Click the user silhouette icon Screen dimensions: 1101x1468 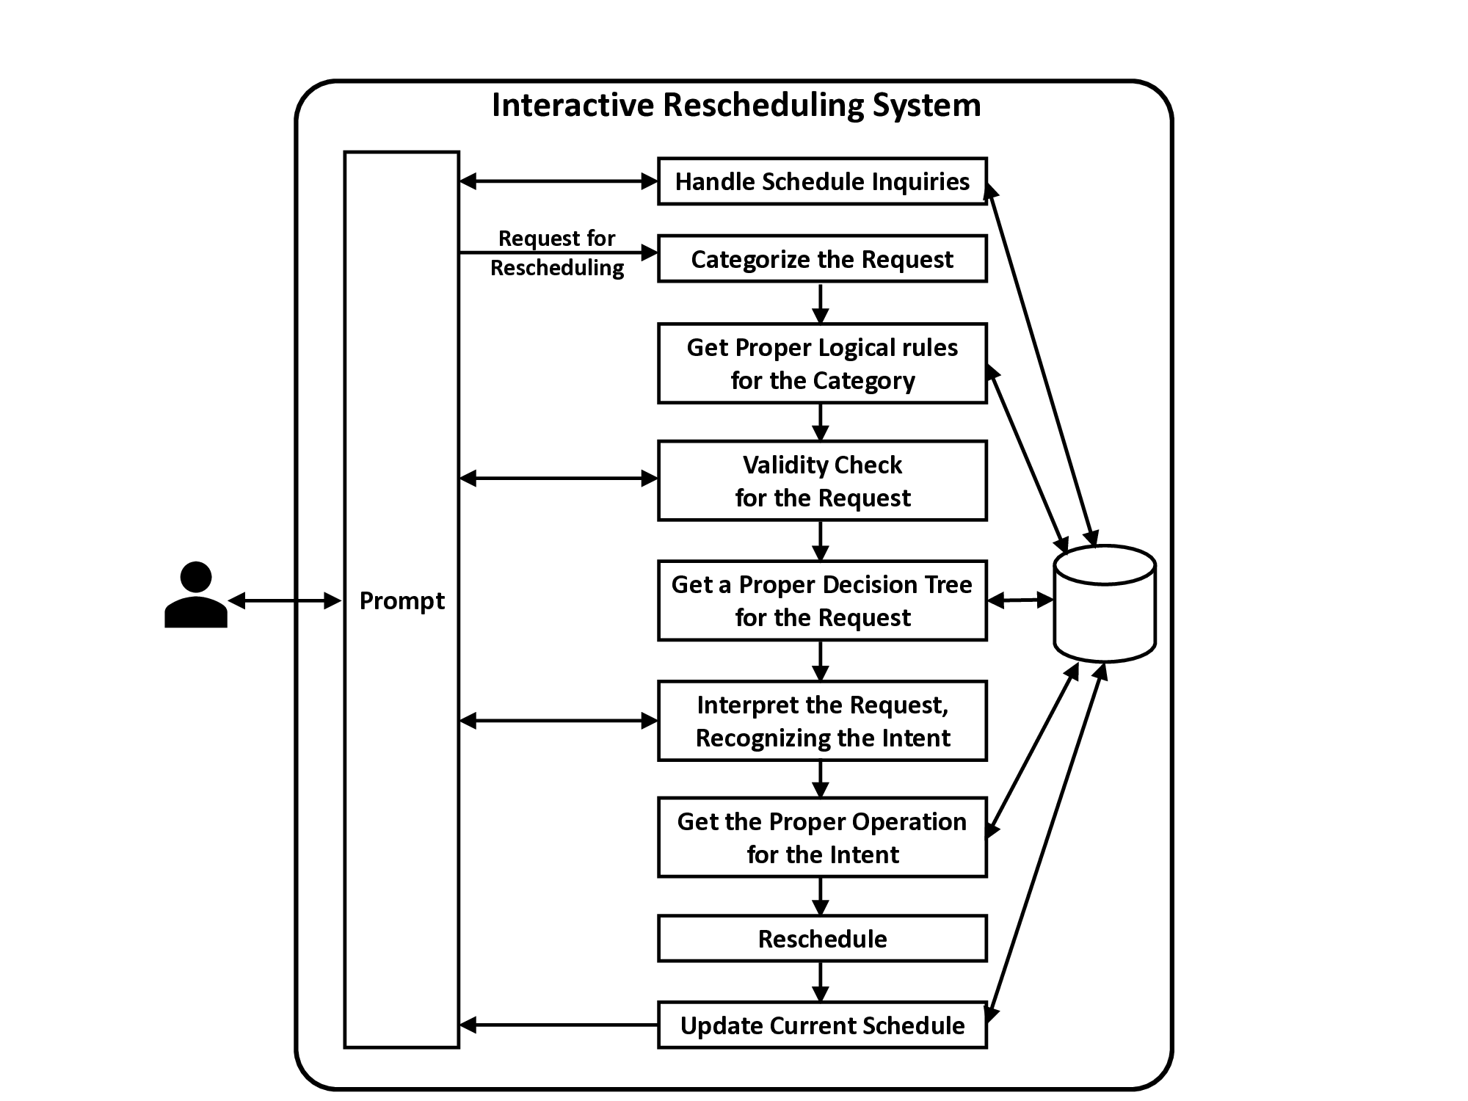point(196,595)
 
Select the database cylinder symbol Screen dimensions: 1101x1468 point(1105,603)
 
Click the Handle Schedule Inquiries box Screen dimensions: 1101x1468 point(822,181)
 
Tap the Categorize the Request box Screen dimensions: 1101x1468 point(822,259)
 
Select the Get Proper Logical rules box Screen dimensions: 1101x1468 point(822,363)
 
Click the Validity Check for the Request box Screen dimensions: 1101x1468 point(822,481)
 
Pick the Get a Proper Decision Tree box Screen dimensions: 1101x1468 point(822,600)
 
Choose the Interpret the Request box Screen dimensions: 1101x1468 point(822,721)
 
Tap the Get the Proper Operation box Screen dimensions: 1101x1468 point(822,837)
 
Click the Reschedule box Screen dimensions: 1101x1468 point(822,939)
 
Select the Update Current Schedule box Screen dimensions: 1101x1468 point(822,1025)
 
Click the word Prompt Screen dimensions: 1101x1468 point(401,601)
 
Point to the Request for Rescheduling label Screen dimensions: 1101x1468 point(557,253)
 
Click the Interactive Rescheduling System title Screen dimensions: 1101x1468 point(735,105)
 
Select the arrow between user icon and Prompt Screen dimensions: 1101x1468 point(285,601)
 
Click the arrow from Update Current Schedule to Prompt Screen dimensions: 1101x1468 point(558,1025)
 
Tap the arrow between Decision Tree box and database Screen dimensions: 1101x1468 point(1020,600)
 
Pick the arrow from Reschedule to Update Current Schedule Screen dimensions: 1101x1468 point(821,981)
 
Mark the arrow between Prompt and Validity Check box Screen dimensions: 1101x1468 point(558,479)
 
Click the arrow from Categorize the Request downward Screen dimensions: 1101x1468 point(821,302)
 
